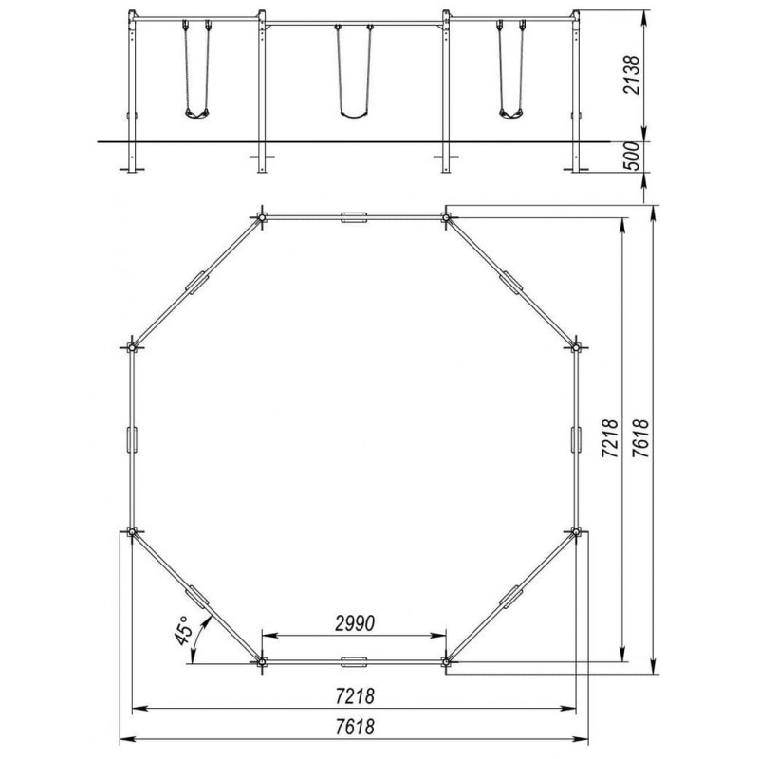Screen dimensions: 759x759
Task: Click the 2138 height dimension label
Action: tap(631, 76)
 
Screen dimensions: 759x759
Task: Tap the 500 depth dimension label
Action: tap(631, 156)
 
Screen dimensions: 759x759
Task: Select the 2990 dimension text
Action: tap(355, 623)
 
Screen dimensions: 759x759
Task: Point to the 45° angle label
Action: tap(184, 631)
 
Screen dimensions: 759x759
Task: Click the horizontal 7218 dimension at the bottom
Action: tap(355, 696)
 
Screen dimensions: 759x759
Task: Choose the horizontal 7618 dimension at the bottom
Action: tap(355, 726)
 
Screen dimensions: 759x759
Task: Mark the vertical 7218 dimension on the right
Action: tap(610, 438)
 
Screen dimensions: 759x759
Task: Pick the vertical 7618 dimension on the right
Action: tap(639, 438)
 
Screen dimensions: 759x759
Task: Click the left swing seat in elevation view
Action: tap(197, 114)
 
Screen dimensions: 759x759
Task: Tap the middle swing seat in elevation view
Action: tap(354, 115)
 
